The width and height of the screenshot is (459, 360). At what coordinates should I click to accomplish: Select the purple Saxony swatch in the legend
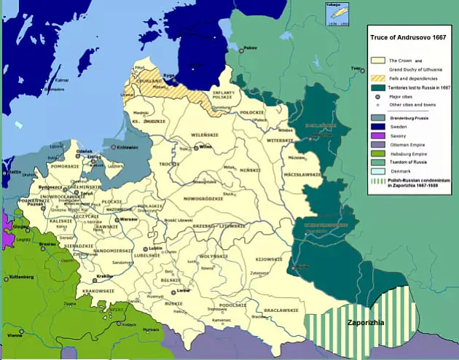378,135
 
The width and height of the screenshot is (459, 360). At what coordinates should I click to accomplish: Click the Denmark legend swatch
378,171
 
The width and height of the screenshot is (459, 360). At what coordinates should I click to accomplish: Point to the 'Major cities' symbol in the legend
378,95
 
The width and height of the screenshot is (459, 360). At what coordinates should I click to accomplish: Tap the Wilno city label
205,146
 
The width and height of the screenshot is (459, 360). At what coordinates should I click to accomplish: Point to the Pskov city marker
241,50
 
